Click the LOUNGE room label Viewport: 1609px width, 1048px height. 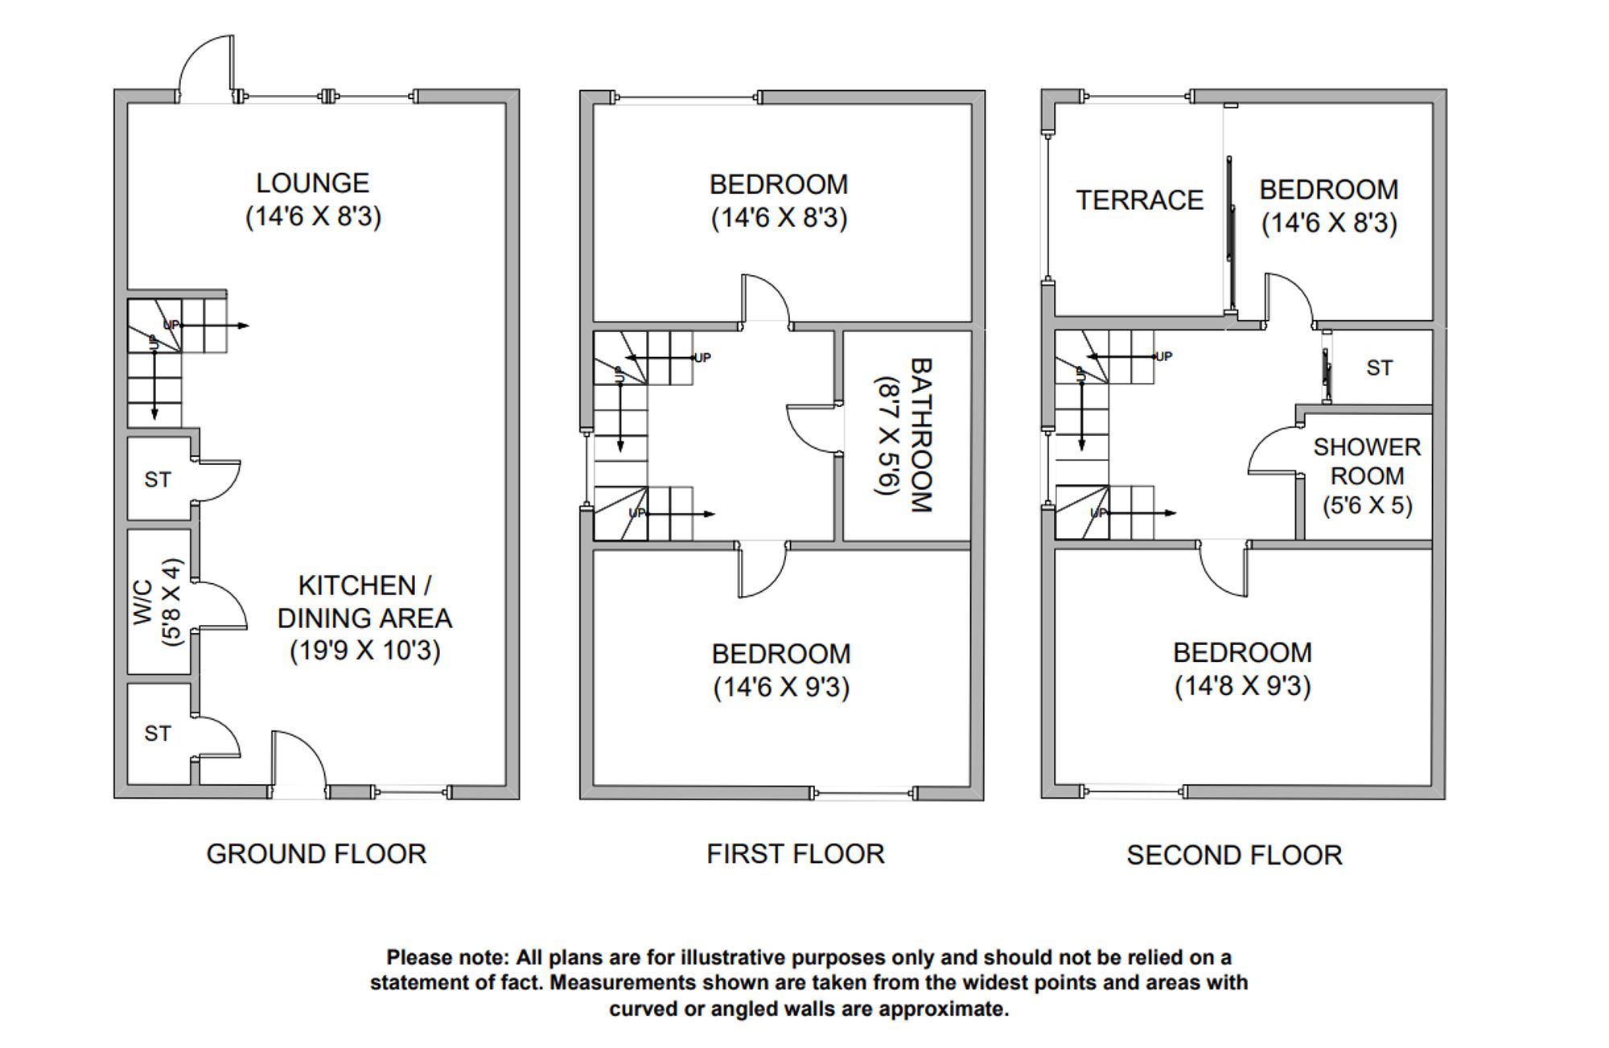pos(312,183)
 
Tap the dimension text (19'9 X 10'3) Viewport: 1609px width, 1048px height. pos(365,651)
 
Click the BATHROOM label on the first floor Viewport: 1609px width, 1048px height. pos(920,435)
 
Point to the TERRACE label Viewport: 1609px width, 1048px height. pos(1139,200)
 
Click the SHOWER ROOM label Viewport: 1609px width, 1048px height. pos(1367,462)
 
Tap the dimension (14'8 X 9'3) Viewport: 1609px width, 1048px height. pos(1242,686)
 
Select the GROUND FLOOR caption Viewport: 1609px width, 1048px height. pos(316,854)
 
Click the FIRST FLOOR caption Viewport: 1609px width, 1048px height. pos(795,854)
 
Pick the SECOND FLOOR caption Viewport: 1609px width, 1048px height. pos(1234,856)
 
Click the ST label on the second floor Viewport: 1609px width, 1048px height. pos(1379,368)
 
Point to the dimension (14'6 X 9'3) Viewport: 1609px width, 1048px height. pos(781,688)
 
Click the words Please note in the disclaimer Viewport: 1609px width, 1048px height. pos(447,958)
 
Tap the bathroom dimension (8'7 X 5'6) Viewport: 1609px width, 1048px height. pos(887,435)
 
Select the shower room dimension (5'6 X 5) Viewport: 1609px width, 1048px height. pos(1367,506)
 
